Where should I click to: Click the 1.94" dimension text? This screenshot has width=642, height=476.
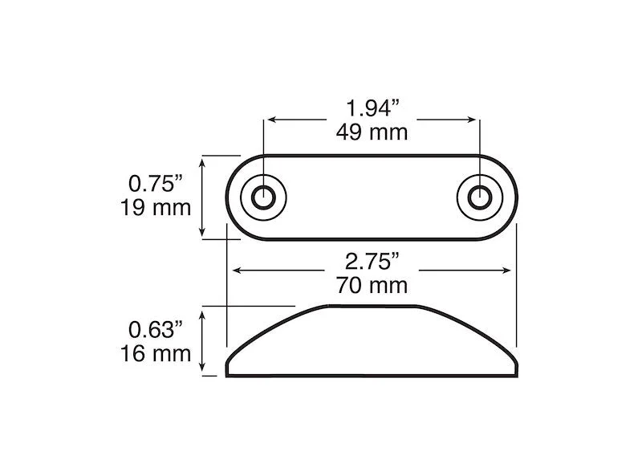coord(372,108)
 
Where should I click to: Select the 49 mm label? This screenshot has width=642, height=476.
coord(372,132)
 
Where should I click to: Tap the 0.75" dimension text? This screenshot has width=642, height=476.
coord(155,183)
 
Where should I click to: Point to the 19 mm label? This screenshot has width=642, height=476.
coord(156,208)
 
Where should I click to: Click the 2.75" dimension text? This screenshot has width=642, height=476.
coord(372,262)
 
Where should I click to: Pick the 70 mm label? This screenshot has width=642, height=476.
coord(372,286)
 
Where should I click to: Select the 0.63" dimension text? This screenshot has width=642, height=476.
coord(155,329)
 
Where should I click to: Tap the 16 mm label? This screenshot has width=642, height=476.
coord(156,353)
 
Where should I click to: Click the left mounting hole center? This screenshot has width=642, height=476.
coord(264,197)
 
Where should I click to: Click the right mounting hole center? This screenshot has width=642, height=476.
coord(480,197)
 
